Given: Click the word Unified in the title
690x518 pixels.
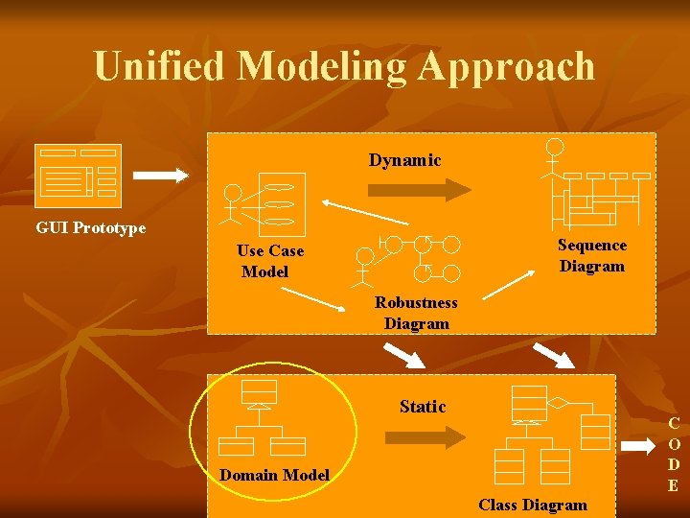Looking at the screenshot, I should coord(159,66).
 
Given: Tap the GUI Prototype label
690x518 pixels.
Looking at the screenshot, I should coord(90,227).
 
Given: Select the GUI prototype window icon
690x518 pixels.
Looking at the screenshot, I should coord(78,176).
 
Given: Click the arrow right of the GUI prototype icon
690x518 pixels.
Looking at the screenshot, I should coord(160,176).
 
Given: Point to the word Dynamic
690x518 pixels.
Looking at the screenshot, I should coord(404,160).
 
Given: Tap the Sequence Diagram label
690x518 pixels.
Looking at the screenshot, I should coord(591,256).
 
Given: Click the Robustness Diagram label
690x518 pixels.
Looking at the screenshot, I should coord(416,313).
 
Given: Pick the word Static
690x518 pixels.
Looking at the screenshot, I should coord(423,407).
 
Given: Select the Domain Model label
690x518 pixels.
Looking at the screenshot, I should coord(274,475).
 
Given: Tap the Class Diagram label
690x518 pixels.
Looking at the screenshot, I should coord(532,505).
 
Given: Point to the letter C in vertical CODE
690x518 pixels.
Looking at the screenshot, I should coord(674,423).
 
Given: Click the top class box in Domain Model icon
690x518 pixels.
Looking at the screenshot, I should coord(259,390).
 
